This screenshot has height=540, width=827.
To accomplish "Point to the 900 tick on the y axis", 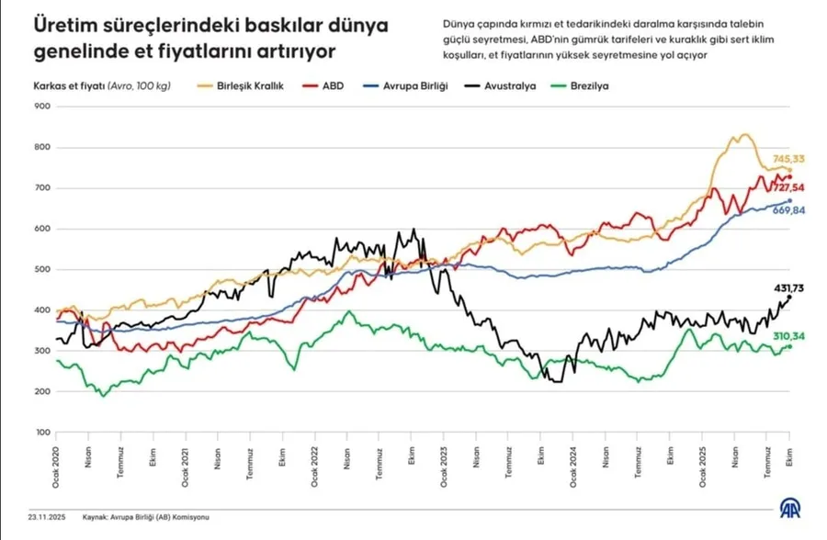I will [41, 107].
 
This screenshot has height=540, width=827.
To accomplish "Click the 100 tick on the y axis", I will [41, 432].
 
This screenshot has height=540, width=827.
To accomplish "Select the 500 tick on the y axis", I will [41, 269].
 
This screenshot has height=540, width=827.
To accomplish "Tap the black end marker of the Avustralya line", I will [790, 297].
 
